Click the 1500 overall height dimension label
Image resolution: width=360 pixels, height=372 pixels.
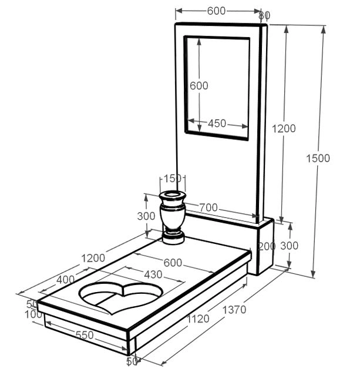318,158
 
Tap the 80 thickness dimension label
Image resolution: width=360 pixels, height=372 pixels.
264,15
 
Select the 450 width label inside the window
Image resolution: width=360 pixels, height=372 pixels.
217,124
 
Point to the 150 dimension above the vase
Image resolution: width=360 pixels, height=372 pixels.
173,179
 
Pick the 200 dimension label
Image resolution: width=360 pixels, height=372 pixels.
267,246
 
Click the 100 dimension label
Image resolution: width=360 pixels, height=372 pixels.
33,315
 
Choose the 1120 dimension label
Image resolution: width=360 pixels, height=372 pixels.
198,319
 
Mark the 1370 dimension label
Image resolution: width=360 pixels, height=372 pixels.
234,310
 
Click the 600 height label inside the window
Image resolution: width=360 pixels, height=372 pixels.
199,86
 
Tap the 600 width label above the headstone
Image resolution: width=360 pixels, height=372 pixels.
217,11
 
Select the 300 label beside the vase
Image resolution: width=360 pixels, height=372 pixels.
146,216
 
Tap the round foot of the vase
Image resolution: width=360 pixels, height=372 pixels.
173,237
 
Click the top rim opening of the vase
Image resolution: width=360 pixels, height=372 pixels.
173,195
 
